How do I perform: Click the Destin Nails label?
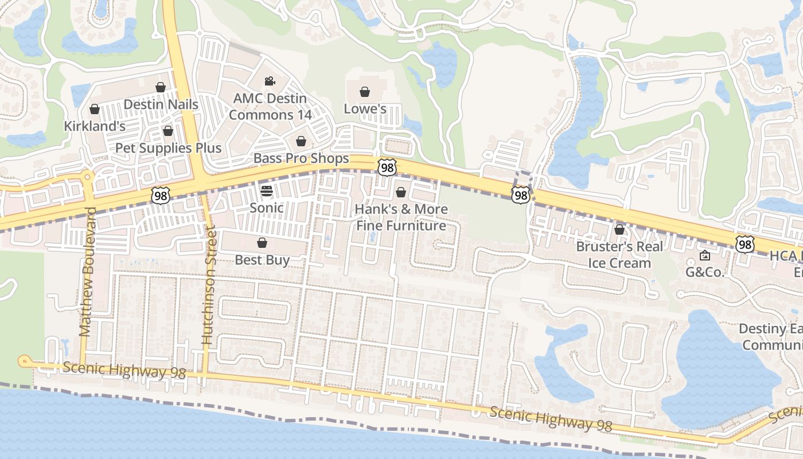161,104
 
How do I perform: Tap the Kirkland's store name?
95,126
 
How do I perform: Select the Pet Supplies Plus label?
168,148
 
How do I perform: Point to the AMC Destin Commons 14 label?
270,107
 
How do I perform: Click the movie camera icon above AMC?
270,81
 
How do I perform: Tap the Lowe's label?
365,109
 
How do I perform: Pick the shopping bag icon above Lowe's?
364,92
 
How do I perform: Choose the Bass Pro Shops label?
301,158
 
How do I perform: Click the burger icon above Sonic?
267,190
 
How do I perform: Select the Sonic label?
267,208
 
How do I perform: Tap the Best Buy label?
262,260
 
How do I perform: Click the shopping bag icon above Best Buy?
262,243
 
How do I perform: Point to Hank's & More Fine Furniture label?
401,217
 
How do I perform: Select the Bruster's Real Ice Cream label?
619,255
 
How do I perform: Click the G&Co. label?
705,272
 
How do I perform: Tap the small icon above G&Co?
705,255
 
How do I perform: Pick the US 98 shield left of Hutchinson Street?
161,195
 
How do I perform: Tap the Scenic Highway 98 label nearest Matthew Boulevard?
124,370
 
